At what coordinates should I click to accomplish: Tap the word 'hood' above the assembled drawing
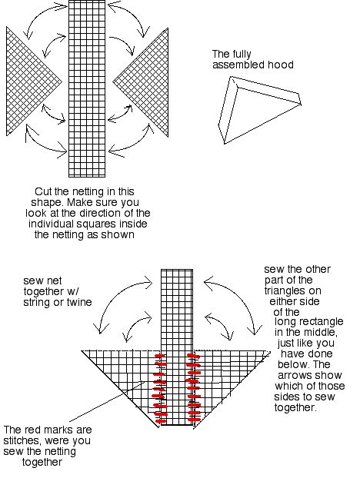point(281,65)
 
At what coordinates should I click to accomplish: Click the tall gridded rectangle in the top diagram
point(87,88)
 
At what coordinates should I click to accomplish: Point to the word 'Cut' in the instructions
point(43,191)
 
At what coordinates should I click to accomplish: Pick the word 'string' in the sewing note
point(36,302)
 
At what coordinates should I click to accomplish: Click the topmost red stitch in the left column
point(160,356)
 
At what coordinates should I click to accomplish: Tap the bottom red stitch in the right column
point(194,420)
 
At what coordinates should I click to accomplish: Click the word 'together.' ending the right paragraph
point(295,407)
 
